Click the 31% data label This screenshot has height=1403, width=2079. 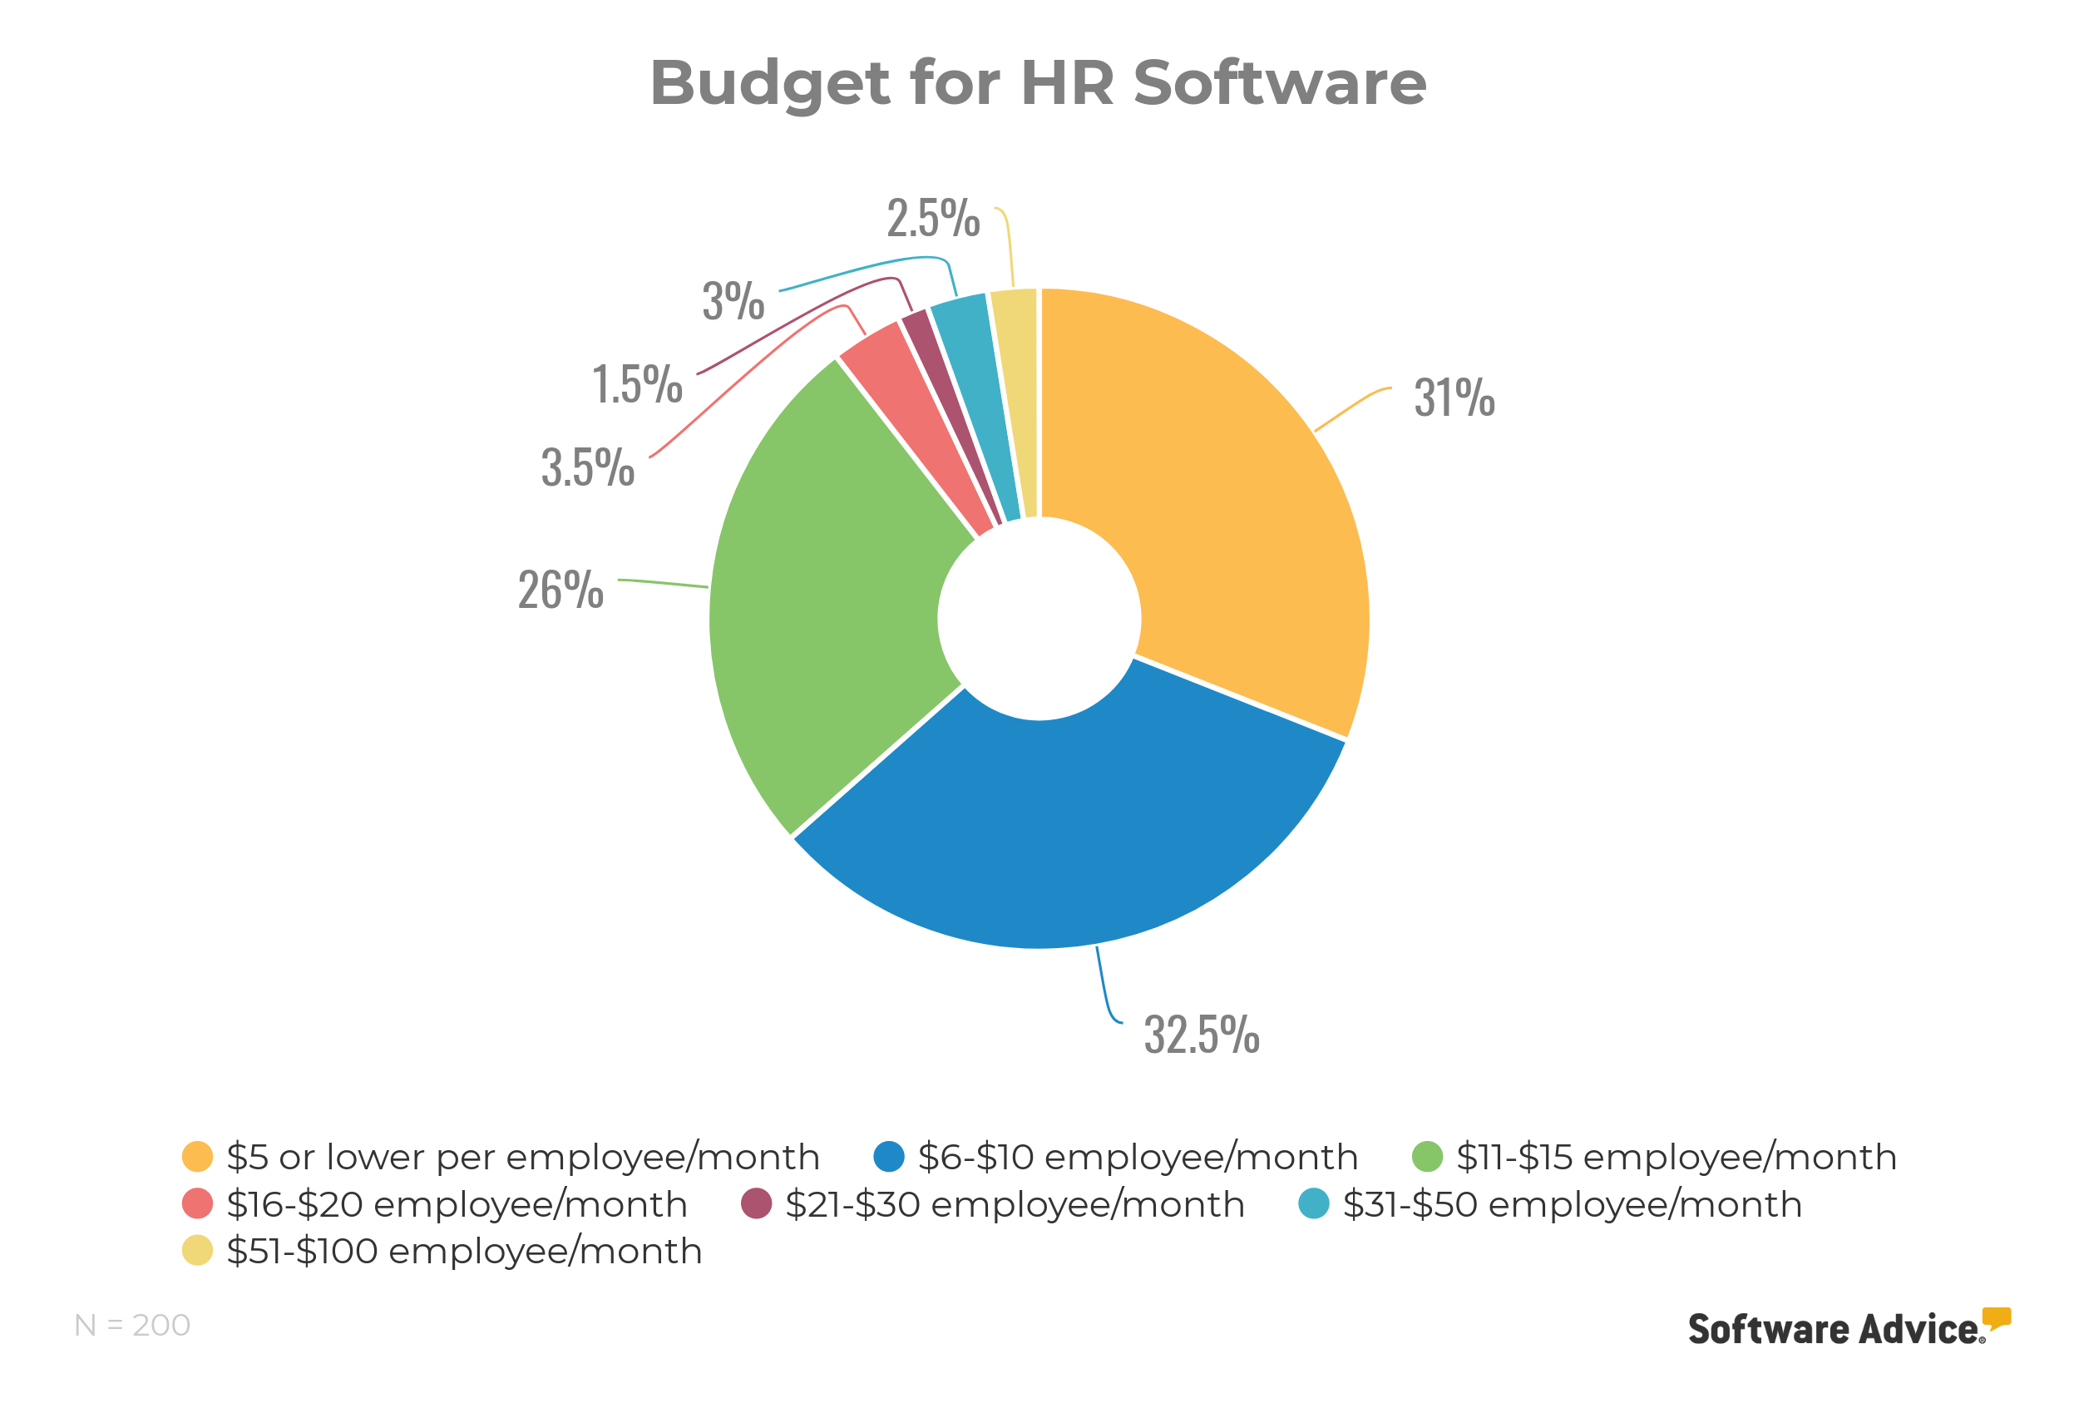[1454, 398]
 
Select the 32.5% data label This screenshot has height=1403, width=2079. [1202, 1035]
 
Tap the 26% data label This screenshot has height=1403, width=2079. [560, 590]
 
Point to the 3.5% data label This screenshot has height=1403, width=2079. [588, 468]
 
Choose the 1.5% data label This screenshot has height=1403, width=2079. [637, 385]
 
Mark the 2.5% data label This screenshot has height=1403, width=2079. [933, 219]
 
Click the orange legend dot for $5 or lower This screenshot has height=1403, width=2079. [197, 1157]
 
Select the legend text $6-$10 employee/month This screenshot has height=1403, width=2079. [1137, 1157]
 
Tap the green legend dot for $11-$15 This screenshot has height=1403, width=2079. [1427, 1157]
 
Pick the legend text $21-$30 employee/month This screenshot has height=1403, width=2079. [1015, 1204]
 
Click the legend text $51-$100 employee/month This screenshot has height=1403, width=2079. [463, 1251]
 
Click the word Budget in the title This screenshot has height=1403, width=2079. [769, 83]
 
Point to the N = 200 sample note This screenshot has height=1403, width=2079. [132, 1325]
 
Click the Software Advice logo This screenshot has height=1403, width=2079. [1848, 1329]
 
